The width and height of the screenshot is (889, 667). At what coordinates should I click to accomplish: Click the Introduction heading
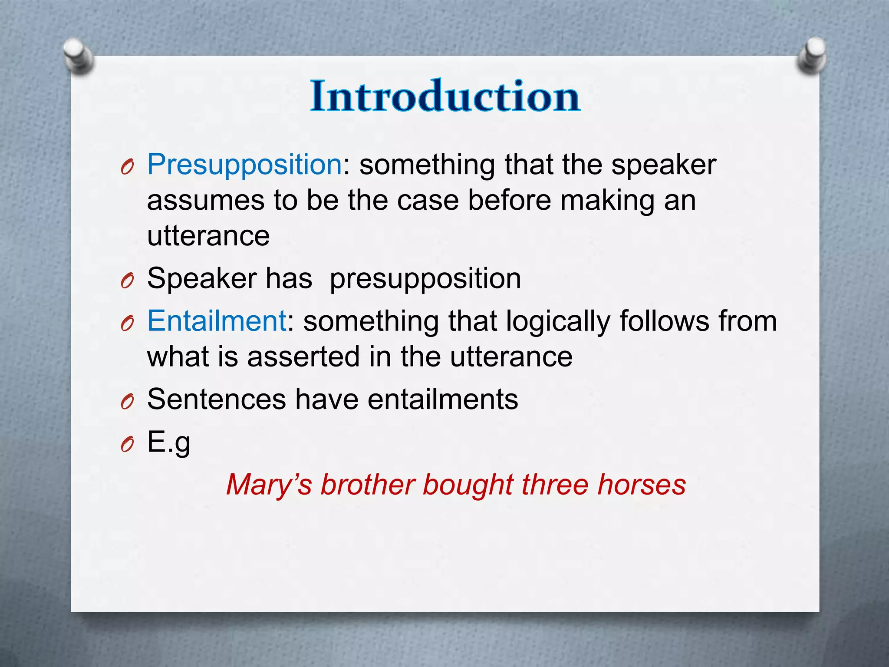coord(445,96)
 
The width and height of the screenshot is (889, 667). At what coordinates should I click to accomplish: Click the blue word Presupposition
coord(244,165)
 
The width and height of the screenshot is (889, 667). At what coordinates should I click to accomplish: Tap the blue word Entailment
coord(217,321)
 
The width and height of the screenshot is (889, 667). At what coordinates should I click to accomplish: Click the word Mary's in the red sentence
coord(269,485)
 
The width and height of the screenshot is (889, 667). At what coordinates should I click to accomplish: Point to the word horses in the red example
coord(642,485)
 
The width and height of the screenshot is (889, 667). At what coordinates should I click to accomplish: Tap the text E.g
coord(168,442)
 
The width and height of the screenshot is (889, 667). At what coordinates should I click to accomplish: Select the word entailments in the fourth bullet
coord(443,399)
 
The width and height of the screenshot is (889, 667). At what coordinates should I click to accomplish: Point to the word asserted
coord(303,357)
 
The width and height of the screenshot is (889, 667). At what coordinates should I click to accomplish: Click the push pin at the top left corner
coord(78,56)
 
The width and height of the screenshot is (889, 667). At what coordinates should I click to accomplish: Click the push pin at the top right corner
coord(812,56)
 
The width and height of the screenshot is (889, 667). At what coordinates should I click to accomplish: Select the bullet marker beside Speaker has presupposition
coord(127,281)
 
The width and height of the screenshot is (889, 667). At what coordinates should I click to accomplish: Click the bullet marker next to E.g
coord(127,445)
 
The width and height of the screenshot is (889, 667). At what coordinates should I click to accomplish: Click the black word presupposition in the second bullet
coord(425,279)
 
